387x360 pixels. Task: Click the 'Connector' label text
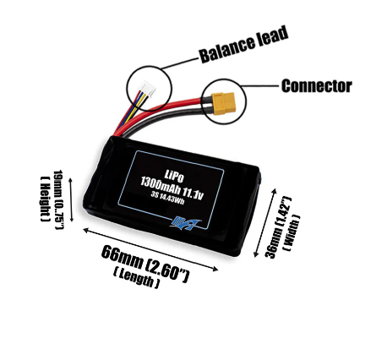[x=316, y=85]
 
